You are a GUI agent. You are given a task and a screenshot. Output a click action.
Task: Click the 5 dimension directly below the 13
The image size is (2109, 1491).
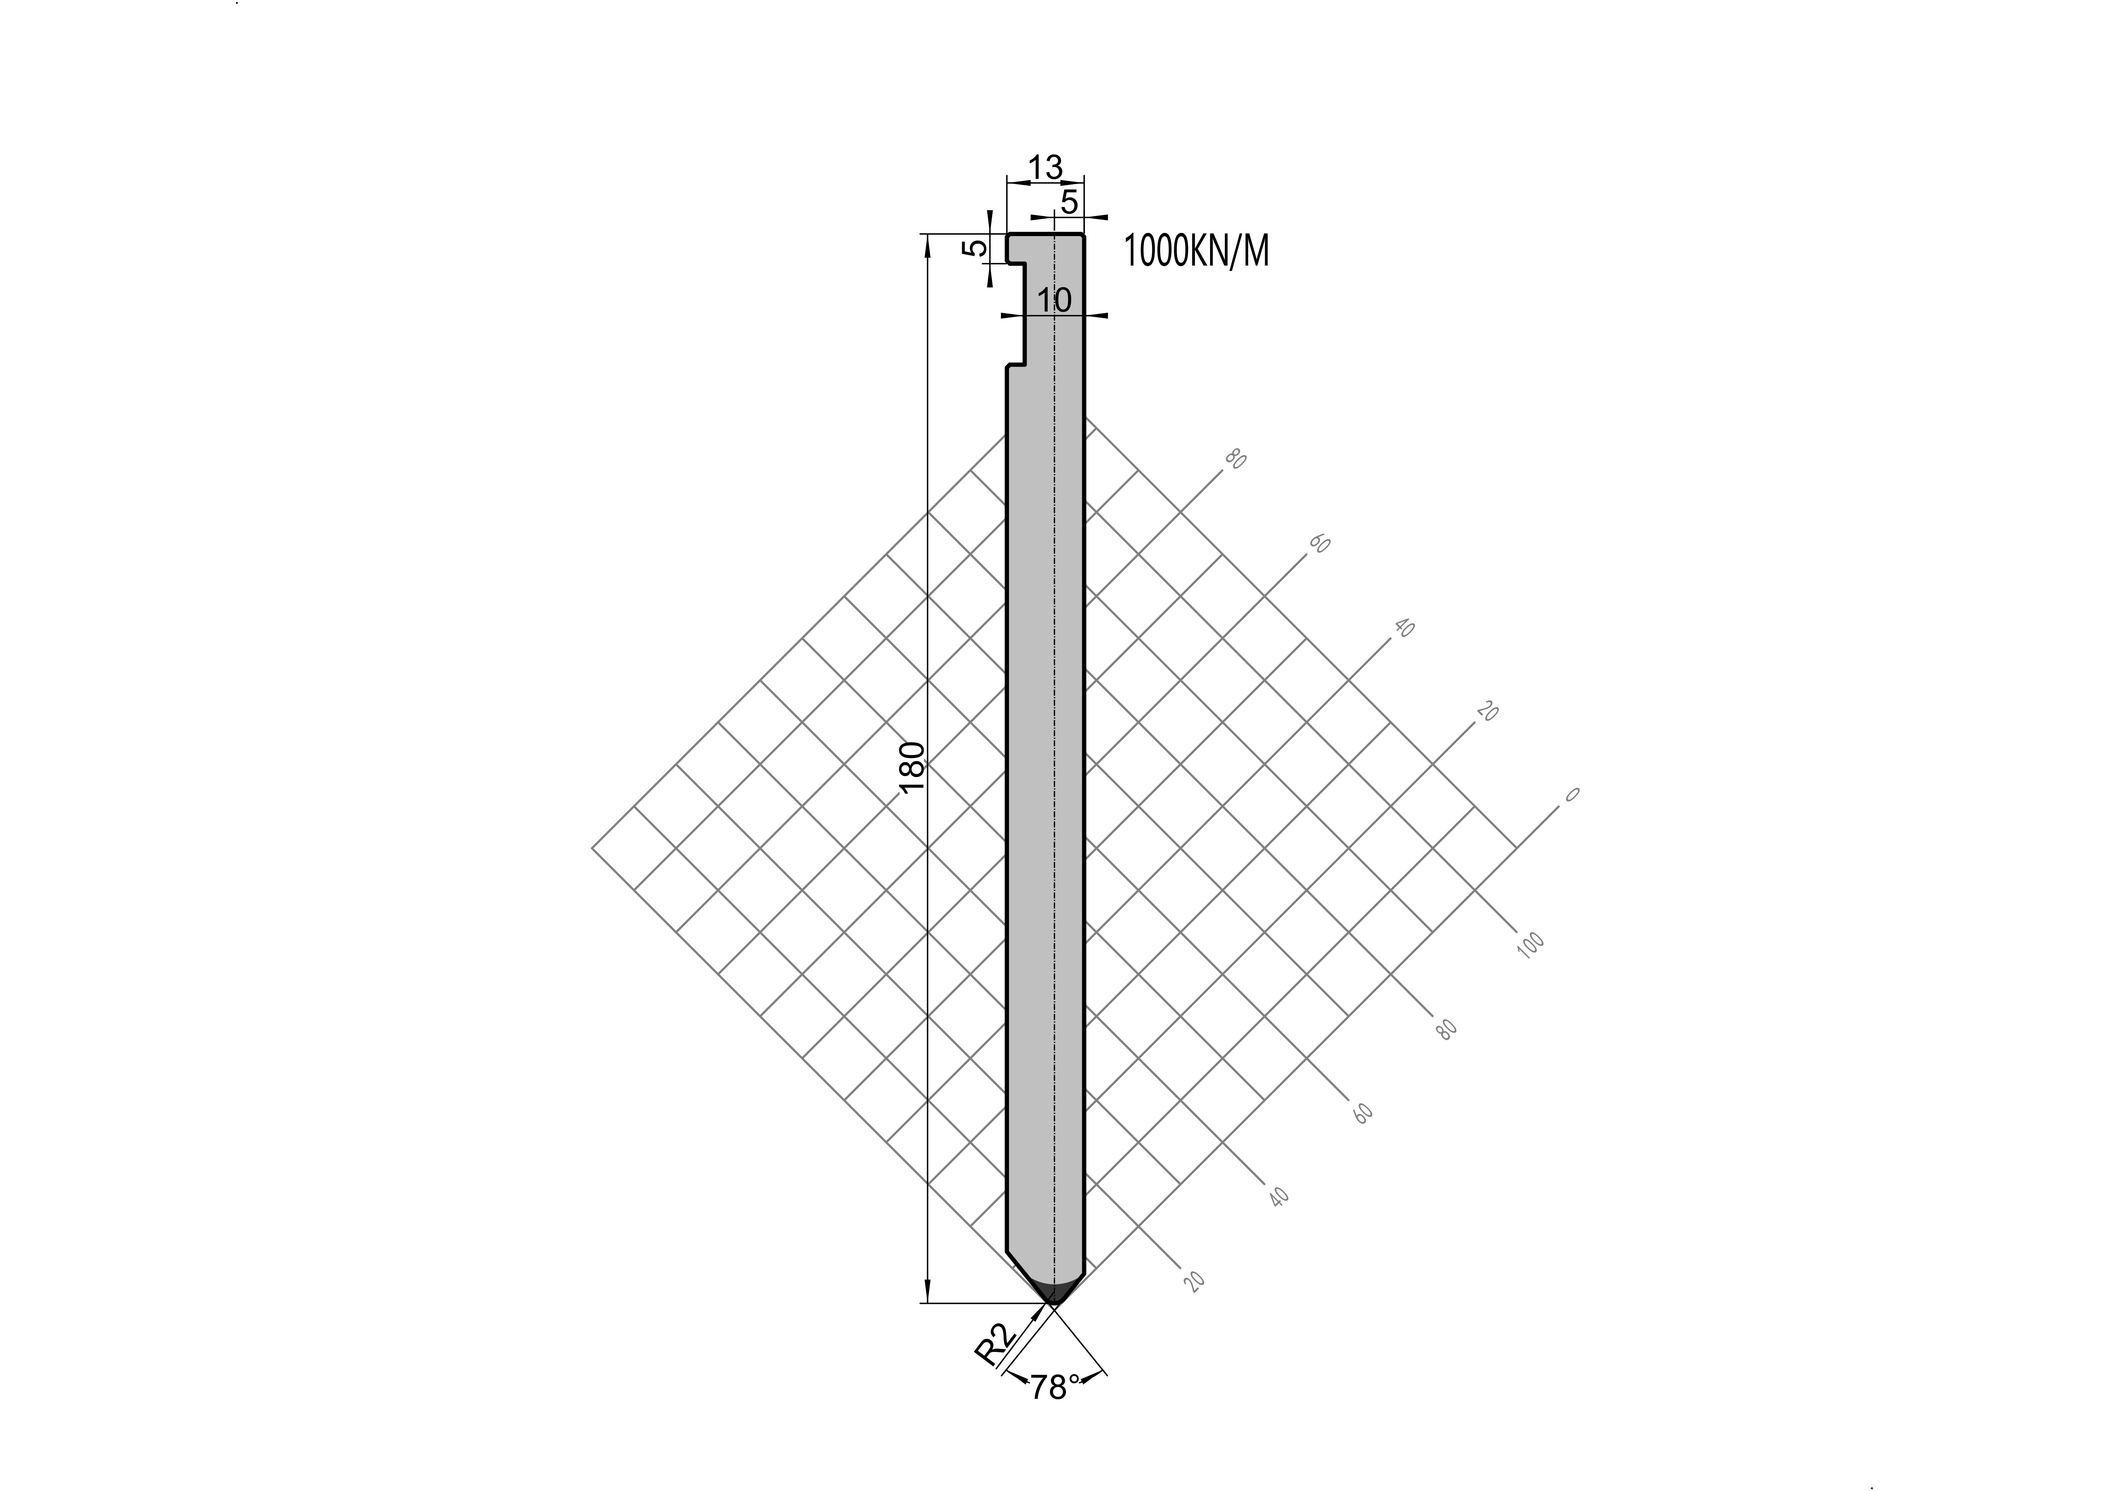(x=1069, y=202)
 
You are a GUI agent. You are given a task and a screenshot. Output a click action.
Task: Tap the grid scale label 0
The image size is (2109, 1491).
(x=1572, y=795)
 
